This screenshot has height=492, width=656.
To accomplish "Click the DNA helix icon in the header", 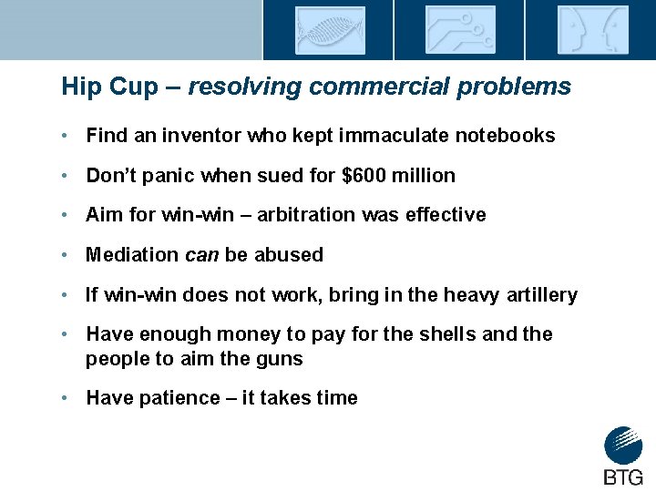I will (x=329, y=30).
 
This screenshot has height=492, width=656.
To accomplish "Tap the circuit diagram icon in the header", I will (x=460, y=30).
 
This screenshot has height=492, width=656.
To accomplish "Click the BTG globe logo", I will (x=623, y=446).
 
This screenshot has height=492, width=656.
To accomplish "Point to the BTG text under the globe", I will (x=623, y=477).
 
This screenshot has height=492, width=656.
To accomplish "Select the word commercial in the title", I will (x=389, y=87).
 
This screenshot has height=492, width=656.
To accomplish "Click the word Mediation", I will (x=131, y=255).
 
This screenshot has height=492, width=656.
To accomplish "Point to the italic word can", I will (x=201, y=255).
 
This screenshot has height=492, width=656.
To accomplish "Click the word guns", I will (x=282, y=359).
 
